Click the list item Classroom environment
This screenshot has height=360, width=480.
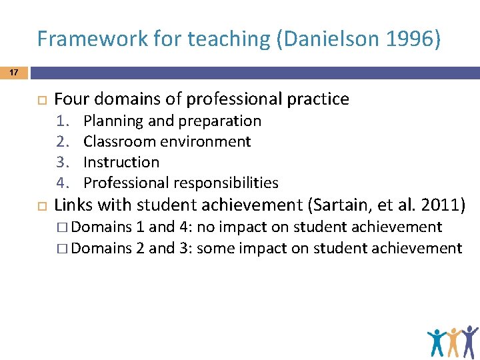[167, 141]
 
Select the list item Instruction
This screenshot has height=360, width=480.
[121, 162]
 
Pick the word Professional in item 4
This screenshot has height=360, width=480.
[127, 183]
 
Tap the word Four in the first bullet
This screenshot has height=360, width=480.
[71, 99]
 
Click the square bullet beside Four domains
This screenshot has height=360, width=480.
[40, 100]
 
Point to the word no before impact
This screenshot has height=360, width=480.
[206, 227]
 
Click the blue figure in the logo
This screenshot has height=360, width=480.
[437, 342]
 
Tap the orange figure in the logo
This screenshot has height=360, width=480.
[455, 342]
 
